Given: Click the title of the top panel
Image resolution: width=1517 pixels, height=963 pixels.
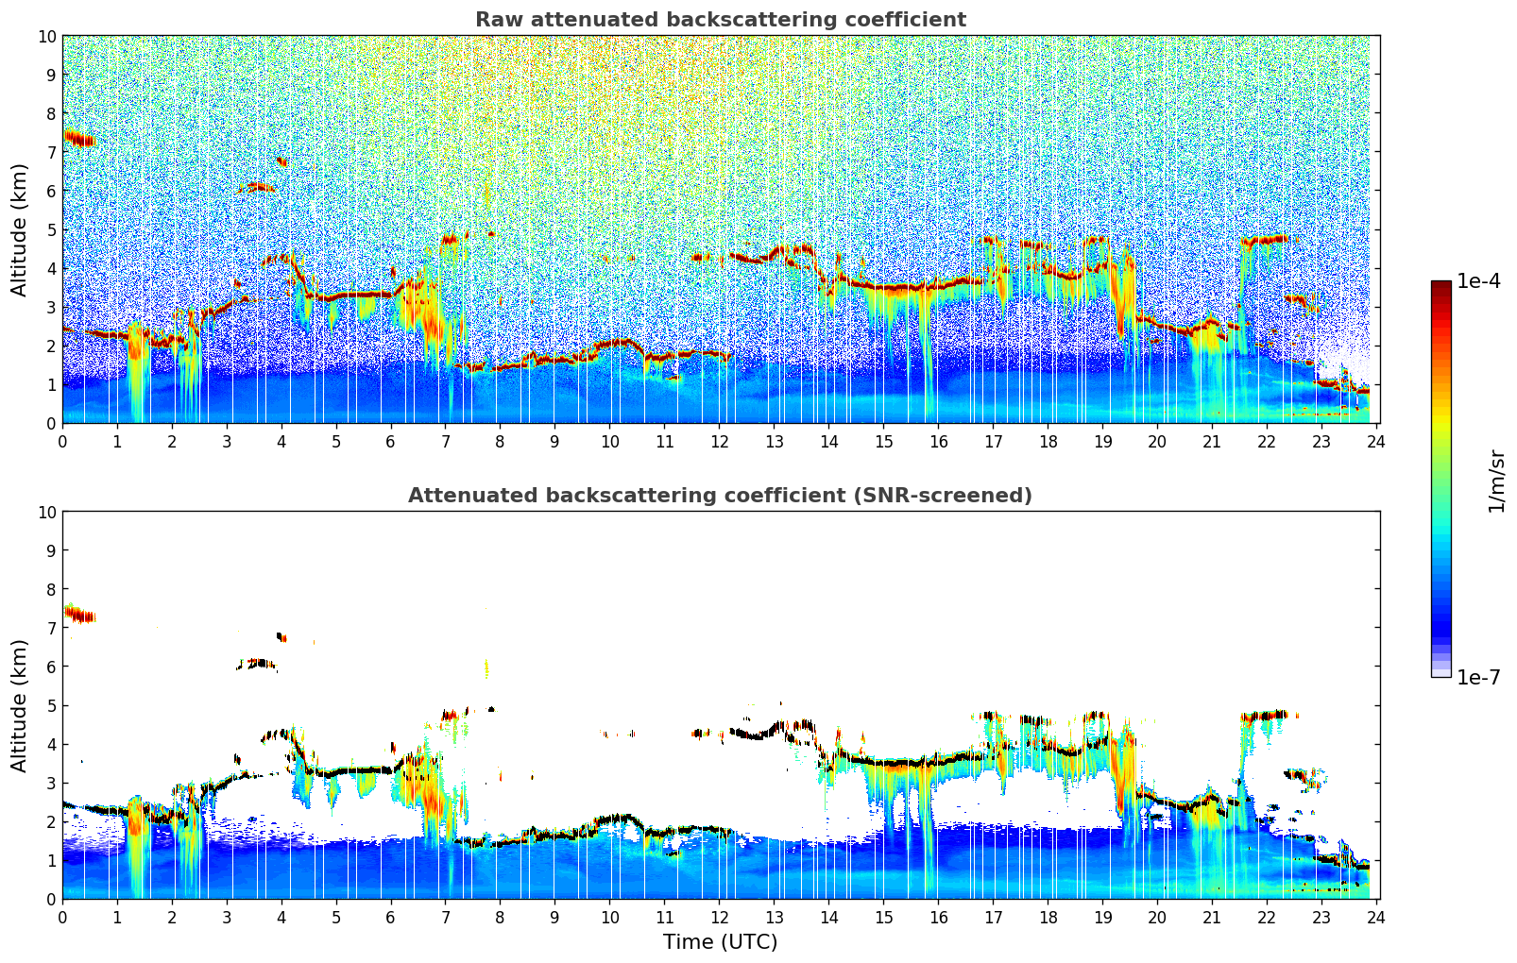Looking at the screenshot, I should (720, 20).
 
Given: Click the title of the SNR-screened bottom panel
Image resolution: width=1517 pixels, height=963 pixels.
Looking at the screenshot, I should (720, 496).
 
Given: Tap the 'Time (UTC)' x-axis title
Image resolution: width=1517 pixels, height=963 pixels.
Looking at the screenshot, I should (720, 941).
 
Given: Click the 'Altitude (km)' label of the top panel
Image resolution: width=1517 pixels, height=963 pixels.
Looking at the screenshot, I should (20, 229).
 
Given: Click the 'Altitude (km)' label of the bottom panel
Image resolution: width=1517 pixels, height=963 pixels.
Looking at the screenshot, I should (20, 705).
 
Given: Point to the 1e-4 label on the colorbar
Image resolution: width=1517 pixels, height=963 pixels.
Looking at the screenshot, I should (1478, 281).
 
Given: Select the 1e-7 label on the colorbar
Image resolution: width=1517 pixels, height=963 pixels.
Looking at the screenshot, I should (1478, 678).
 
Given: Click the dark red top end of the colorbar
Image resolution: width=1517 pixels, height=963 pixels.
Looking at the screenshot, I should (1440, 286).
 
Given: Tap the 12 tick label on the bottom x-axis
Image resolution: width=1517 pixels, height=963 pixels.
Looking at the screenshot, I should (720, 917).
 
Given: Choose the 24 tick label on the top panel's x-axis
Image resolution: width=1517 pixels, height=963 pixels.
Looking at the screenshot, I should (1376, 441).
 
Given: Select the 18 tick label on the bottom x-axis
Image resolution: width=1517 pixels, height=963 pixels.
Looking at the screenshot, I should (1048, 917).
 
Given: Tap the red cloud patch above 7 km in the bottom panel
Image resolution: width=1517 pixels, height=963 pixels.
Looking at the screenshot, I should (80, 616).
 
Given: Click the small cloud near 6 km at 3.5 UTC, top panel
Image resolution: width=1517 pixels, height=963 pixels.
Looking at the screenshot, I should (257, 188).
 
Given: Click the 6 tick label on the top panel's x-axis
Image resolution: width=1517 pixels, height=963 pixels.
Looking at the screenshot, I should (391, 441).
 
